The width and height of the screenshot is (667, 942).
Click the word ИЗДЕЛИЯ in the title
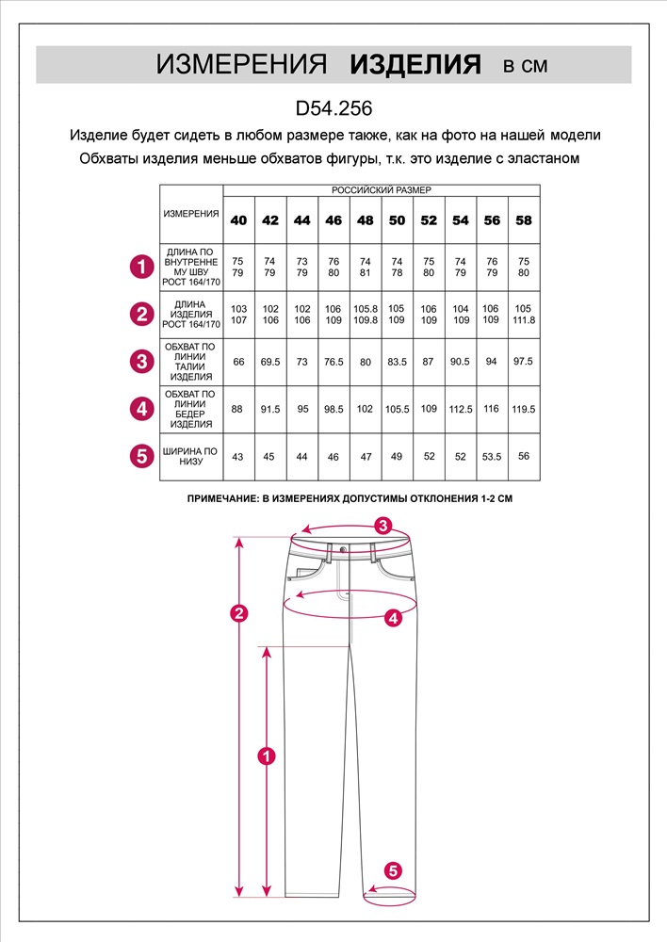click(x=415, y=65)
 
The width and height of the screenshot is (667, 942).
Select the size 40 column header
click(x=238, y=220)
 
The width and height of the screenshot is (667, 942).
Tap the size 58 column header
click(x=524, y=220)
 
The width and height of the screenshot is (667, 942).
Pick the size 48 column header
click(x=366, y=220)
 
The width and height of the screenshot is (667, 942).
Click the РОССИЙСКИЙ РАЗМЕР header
click(x=381, y=190)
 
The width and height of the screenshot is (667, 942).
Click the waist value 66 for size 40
click(x=238, y=362)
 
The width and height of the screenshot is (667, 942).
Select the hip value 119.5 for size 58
click(x=524, y=410)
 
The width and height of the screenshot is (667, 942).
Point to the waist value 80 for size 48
click(x=366, y=362)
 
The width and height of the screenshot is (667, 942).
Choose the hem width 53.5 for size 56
click(x=492, y=457)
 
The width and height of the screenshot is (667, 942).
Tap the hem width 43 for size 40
click(x=238, y=457)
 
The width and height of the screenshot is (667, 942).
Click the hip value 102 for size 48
click(x=366, y=410)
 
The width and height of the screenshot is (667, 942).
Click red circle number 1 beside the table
click(x=140, y=268)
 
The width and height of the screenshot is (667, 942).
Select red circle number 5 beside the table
click(x=140, y=457)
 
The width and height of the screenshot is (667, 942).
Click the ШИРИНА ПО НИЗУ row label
click(x=191, y=457)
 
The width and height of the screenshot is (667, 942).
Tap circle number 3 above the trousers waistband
click(x=382, y=526)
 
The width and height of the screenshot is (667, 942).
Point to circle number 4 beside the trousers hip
click(x=394, y=618)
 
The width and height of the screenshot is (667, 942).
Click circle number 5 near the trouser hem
click(x=394, y=870)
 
